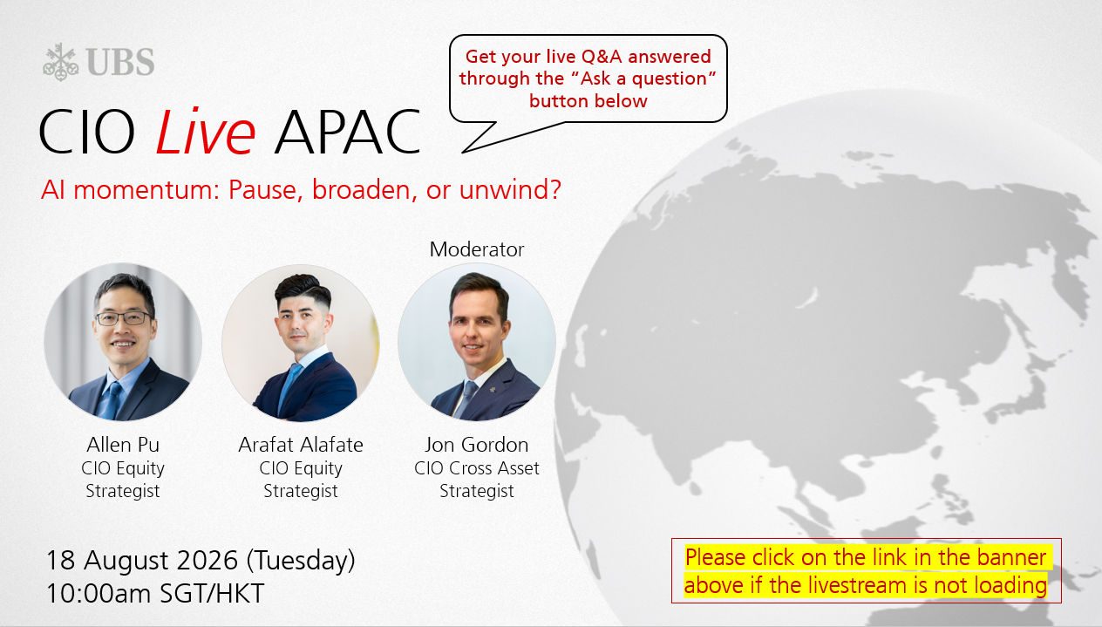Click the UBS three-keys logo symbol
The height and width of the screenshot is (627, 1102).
tap(60, 62)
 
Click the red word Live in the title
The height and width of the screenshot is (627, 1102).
tap(206, 132)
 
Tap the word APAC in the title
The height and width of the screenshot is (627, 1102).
tap(347, 132)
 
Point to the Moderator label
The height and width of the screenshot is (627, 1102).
tap(477, 249)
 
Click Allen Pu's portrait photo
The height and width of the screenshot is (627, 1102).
tap(123, 342)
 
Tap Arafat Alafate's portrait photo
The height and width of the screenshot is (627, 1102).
tap(301, 343)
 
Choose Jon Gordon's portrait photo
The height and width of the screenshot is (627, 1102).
tap(477, 342)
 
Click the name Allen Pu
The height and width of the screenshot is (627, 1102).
tap(123, 445)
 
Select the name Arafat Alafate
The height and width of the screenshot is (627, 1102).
tap(301, 445)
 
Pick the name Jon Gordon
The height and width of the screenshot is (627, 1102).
tap(477, 445)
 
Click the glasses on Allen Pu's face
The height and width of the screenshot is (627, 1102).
tap(124, 318)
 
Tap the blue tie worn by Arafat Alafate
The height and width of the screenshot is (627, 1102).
tap(289, 386)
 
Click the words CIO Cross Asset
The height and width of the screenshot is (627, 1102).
tap(477, 468)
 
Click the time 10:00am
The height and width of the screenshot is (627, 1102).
tap(99, 593)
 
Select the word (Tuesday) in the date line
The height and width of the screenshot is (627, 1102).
tap(301, 561)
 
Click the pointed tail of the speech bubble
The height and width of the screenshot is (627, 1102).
tap(463, 152)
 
